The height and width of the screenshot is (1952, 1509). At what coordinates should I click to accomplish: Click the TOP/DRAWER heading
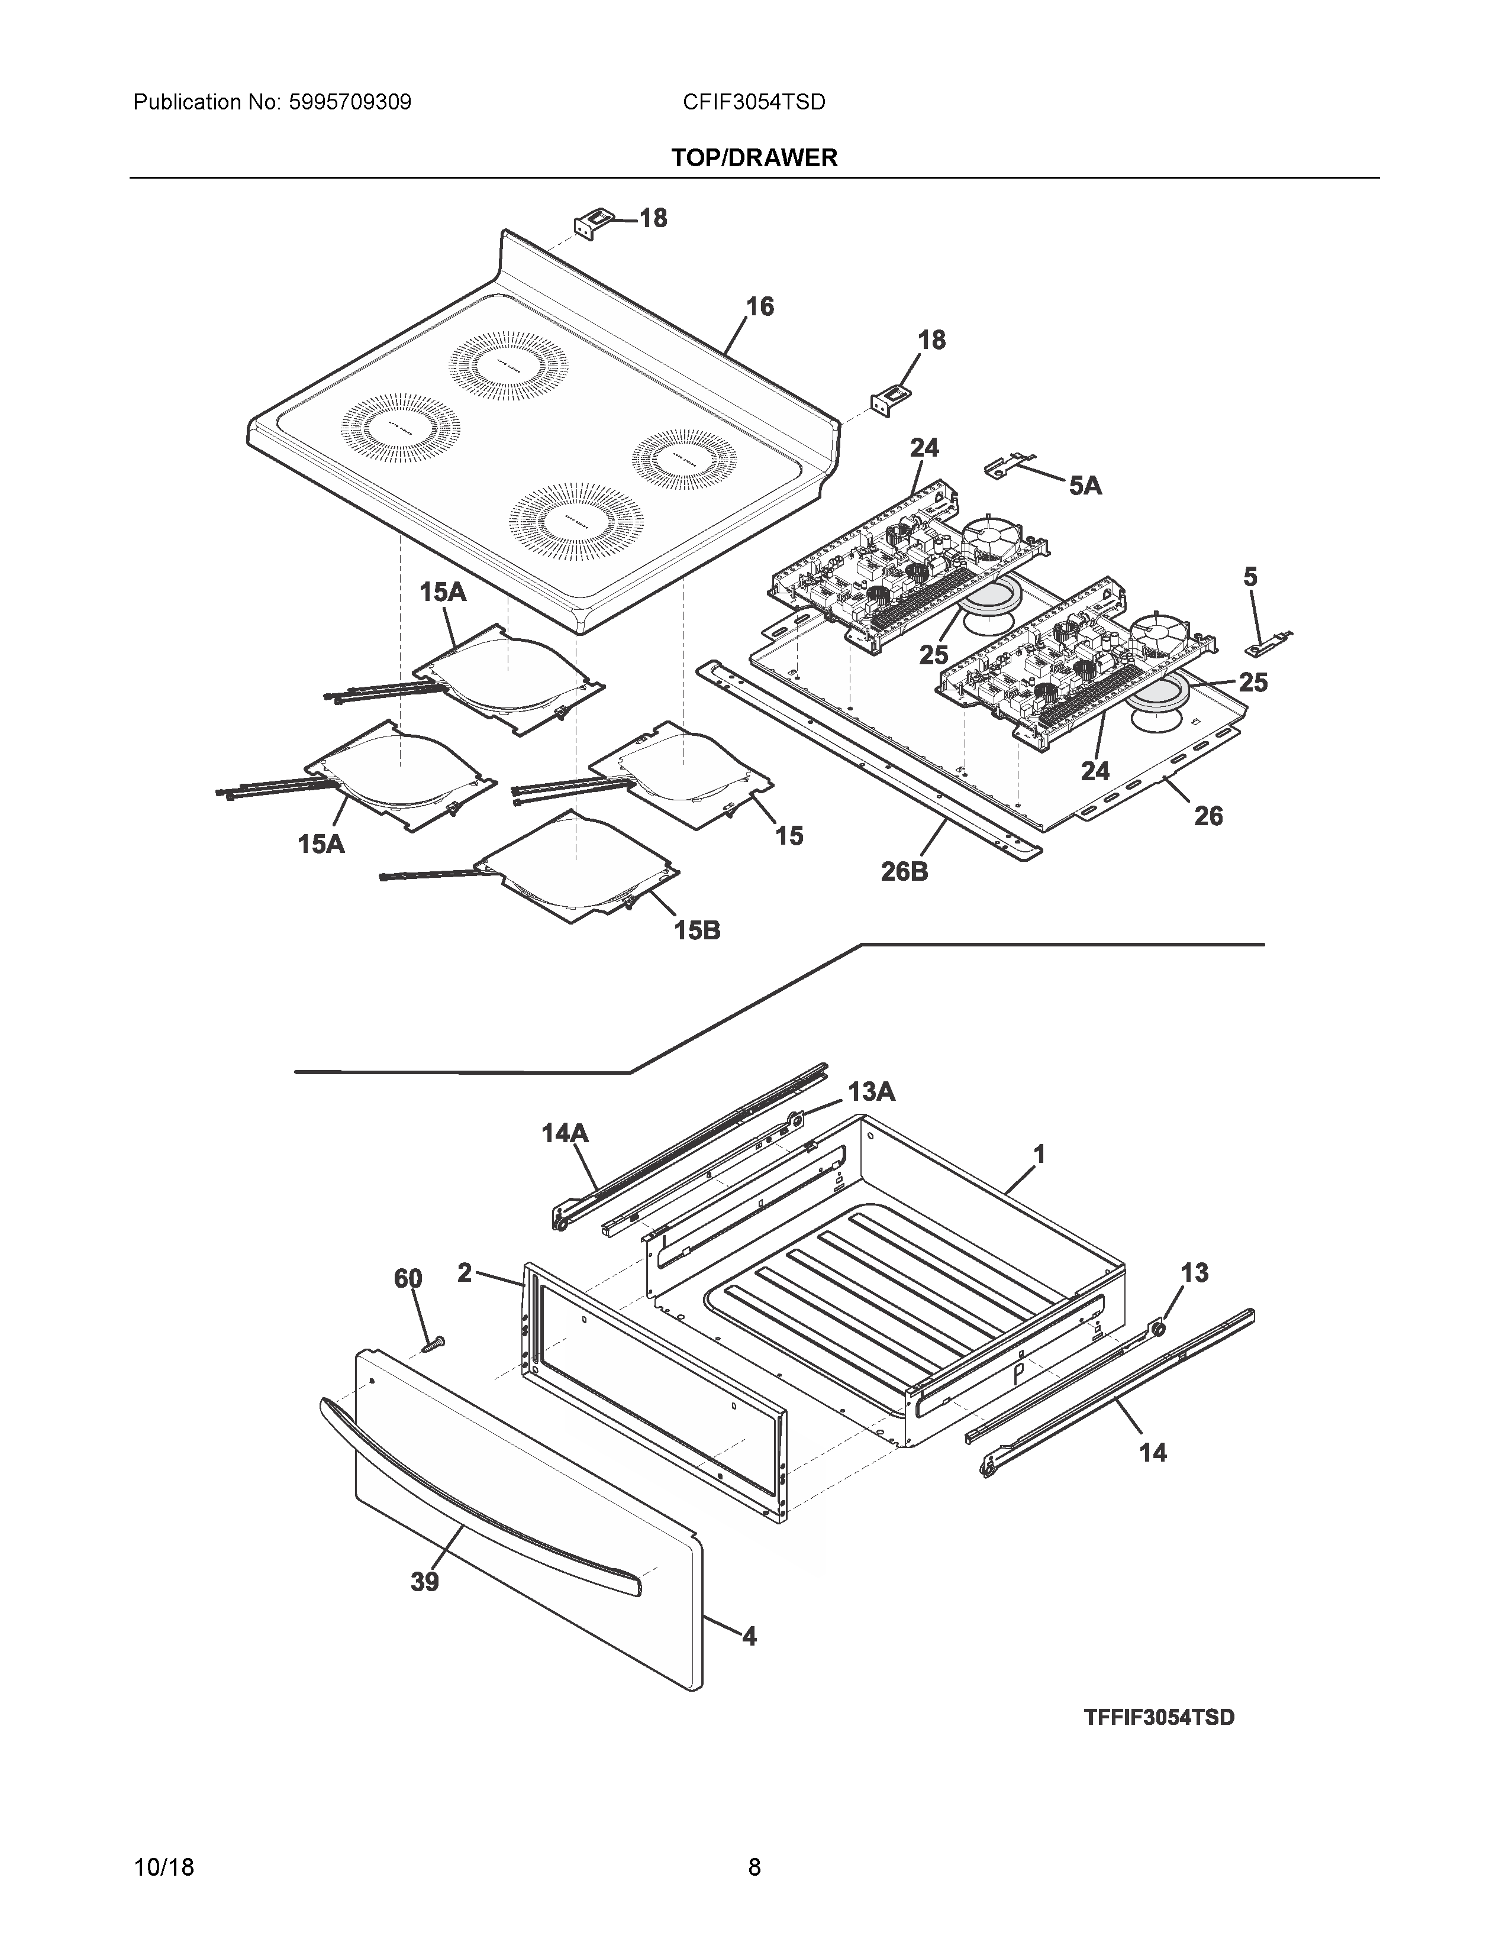[753, 158]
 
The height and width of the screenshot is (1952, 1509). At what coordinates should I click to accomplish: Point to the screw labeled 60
[434, 1343]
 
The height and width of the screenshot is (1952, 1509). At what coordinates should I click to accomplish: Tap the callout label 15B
[697, 930]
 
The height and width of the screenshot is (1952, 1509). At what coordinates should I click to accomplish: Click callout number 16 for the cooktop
[759, 306]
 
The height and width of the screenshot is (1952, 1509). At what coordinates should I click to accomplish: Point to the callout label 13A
[870, 1091]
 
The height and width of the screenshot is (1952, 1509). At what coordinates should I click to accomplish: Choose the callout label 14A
[565, 1133]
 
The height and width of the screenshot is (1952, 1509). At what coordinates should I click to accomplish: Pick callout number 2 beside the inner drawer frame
[464, 1273]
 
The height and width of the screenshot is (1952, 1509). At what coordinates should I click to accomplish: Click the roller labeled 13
[1159, 1331]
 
